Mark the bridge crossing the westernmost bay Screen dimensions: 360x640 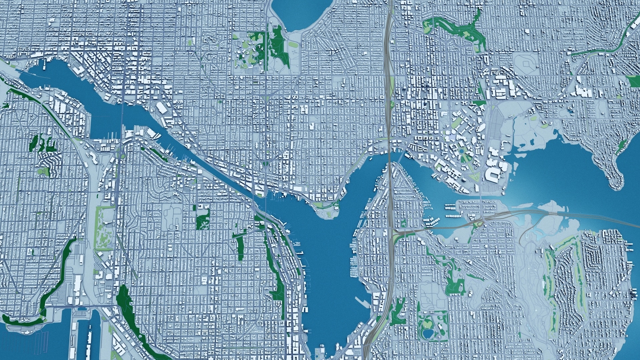click(x=122, y=118)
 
